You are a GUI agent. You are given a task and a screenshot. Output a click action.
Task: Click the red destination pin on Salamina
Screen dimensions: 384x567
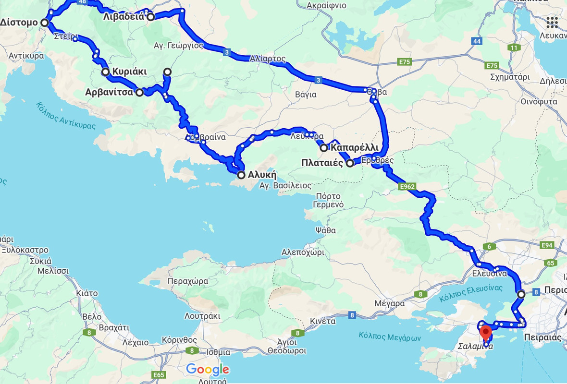[486, 331]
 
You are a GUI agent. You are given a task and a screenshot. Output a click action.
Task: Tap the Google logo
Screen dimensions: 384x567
[208, 370]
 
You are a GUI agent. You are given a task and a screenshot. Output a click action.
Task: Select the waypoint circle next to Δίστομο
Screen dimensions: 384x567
[45, 23]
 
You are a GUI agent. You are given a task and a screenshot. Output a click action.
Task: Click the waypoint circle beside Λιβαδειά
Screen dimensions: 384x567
[150, 17]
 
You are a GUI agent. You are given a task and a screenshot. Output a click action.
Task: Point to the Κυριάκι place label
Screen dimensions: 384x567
[129, 72]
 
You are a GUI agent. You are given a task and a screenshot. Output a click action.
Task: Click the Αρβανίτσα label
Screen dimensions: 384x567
[110, 92]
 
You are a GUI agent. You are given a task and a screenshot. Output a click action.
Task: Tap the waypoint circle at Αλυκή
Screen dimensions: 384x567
[241, 175]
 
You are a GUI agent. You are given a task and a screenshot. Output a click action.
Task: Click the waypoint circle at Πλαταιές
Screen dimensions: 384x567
[350, 163]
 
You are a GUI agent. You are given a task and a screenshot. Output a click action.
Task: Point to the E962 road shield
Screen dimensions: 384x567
[407, 186]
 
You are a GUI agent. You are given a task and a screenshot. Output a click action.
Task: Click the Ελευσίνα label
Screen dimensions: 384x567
[490, 274]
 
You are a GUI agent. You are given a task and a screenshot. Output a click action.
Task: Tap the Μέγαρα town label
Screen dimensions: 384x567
[390, 303]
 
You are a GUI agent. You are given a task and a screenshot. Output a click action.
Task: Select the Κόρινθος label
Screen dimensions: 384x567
[169, 339]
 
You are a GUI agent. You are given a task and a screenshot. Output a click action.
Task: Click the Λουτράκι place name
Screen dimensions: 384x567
[202, 316]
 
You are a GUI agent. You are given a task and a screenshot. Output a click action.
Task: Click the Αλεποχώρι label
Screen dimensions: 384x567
[303, 252]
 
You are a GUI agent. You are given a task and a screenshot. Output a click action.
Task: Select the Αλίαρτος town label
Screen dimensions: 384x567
[268, 59]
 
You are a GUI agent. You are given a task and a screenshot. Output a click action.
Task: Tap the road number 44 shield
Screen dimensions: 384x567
[477, 41]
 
